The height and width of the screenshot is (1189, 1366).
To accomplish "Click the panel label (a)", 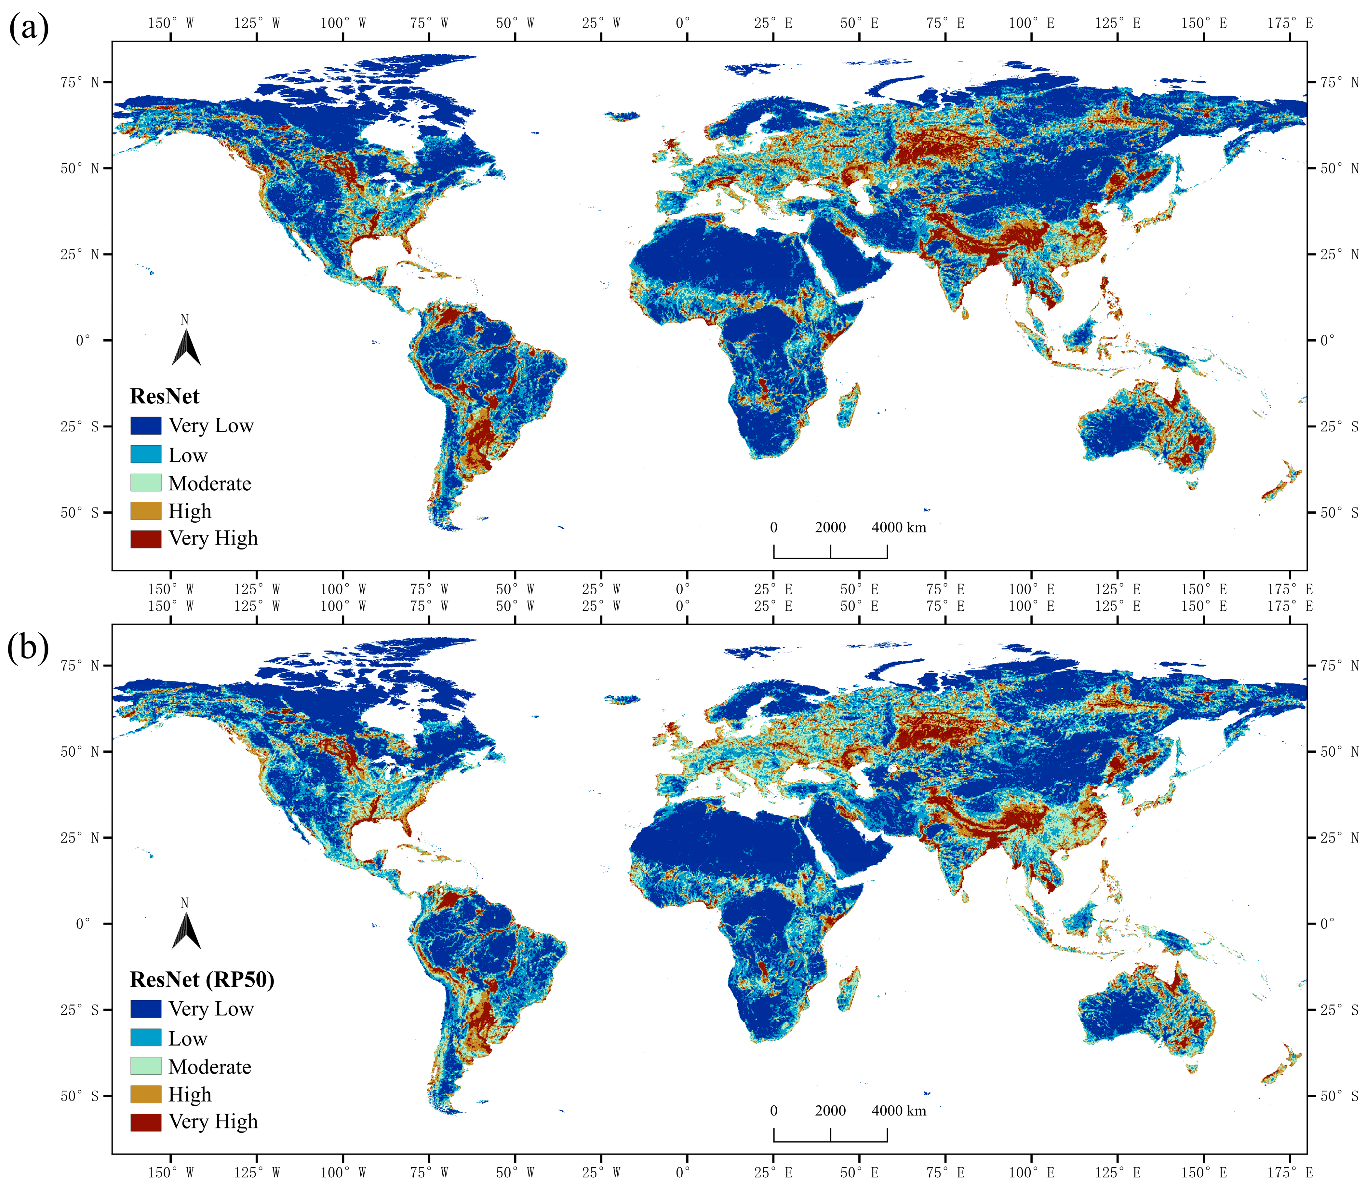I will [x=29, y=29].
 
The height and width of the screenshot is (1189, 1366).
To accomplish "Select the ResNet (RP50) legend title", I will [x=202, y=979].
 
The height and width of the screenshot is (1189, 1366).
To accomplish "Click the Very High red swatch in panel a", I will [x=145, y=539].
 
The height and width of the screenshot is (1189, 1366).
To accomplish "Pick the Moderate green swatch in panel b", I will [x=145, y=1066].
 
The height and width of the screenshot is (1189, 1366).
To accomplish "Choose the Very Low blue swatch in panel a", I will [x=145, y=425].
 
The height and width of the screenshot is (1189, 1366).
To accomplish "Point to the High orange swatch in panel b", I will [x=145, y=1094].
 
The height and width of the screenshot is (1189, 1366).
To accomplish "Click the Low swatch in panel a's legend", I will [x=145, y=454].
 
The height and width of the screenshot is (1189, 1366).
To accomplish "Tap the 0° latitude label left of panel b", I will [x=83, y=924].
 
